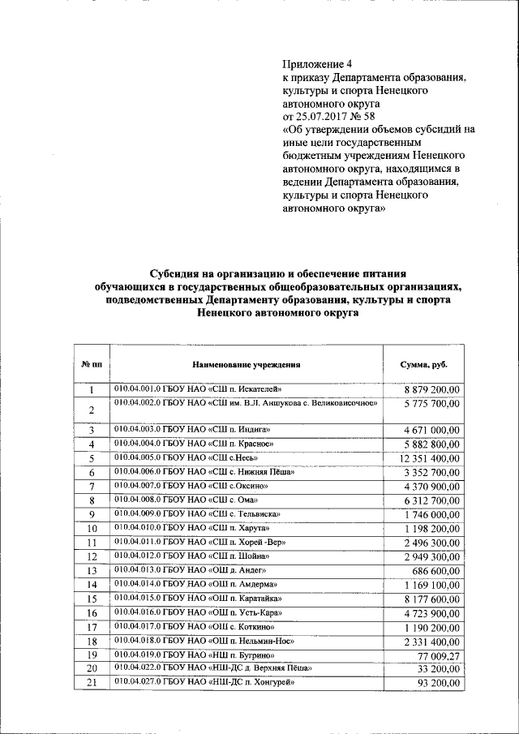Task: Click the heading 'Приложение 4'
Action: pyautogui.click(x=318, y=63)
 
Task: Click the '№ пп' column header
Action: pyautogui.click(x=92, y=365)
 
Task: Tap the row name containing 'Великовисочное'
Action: pyautogui.click(x=247, y=402)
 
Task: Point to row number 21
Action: pyautogui.click(x=92, y=683)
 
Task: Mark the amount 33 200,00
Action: pyautogui.click(x=439, y=668)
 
